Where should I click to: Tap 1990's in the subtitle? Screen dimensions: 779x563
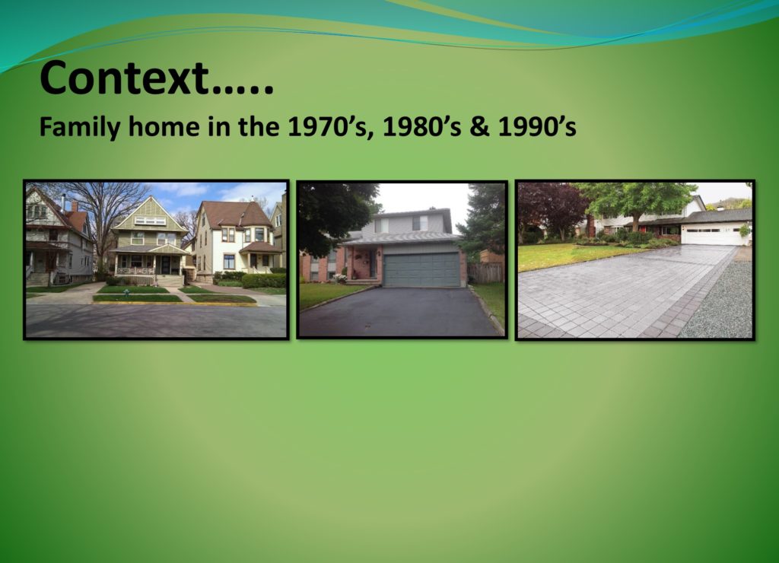536,127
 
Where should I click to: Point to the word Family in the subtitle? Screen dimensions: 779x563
79,128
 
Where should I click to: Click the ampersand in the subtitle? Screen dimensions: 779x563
479,127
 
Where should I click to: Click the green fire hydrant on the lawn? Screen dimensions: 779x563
127,293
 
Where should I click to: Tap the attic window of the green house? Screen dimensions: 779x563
150,221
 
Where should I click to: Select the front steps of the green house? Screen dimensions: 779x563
170,281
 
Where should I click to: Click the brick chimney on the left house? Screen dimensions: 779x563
75,206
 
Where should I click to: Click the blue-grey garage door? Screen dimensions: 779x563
421,270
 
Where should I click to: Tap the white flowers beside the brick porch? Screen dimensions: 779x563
340,278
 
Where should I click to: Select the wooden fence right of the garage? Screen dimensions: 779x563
485,273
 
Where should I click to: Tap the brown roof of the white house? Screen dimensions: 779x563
235,214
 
